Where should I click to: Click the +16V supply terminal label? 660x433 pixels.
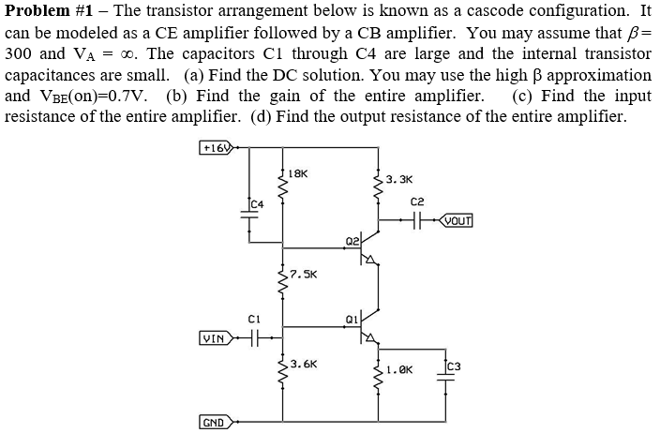[217, 148]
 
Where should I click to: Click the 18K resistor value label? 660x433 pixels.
[298, 173]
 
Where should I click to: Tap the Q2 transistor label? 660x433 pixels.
[351, 241]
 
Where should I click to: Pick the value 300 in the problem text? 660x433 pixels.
[21, 54]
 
